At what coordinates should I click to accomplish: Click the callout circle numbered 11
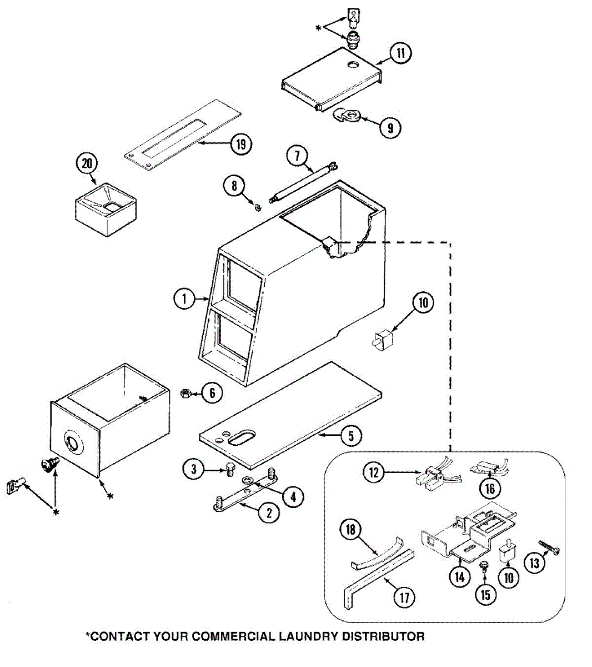point(400,53)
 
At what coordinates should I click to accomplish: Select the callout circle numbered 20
point(87,164)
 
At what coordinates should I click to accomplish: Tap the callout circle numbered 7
point(298,156)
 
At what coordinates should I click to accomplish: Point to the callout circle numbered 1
point(183,300)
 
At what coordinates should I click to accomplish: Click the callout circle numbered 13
point(534,564)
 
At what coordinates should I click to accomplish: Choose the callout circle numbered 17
point(404,598)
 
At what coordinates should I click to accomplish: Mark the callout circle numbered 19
point(240,144)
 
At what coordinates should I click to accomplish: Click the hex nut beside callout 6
point(186,393)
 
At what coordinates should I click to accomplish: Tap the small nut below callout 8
point(258,207)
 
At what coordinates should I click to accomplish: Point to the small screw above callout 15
point(484,566)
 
